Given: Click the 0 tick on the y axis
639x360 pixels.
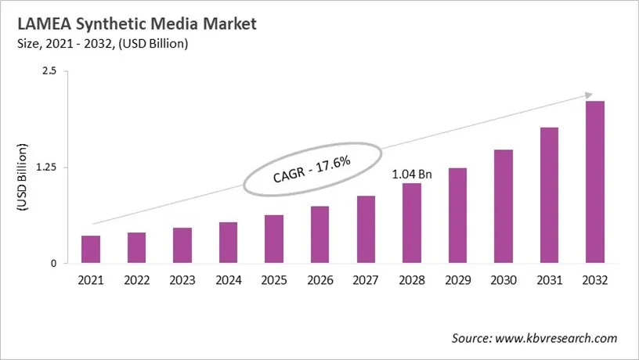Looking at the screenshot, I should pos(55,264).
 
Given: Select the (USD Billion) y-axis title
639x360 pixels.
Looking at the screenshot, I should pos(22,177).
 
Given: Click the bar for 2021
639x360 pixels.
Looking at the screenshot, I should pos(91,250).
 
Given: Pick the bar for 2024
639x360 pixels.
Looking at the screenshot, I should pos(228,243).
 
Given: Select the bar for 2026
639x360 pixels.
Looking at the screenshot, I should pos(319,235).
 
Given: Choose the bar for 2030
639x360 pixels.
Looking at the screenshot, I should pos(504,207).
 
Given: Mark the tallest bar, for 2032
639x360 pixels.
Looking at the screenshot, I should pos(595,182).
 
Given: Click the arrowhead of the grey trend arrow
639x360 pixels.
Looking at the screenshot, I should pos(588,95).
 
